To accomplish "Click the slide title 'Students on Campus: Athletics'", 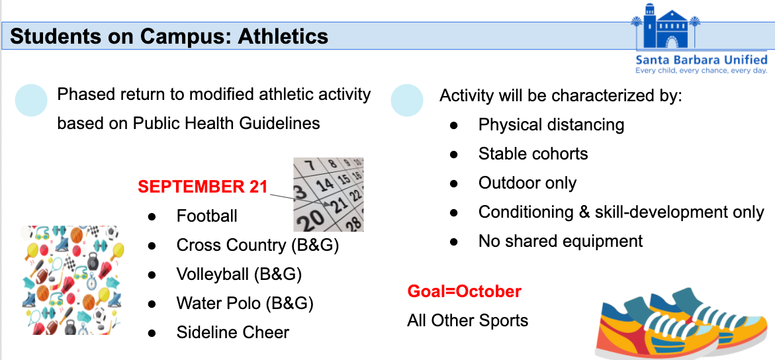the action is (169, 36).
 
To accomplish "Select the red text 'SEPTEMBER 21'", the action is (203, 187).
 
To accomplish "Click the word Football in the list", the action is (207, 216).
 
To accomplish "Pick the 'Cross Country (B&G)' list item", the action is (257, 245).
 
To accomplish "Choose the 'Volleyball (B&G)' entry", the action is (239, 274).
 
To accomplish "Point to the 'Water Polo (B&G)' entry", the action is (245, 303).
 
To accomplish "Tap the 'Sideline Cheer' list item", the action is (233, 332).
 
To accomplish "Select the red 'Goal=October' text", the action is (464, 291).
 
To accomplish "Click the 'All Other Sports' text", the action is (467, 320).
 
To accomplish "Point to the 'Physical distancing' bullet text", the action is (551, 124).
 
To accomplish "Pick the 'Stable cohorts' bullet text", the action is (533, 154).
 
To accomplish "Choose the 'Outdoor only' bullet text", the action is (527, 183).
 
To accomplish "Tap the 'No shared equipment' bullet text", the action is (561, 242).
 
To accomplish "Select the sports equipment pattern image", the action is (70, 281).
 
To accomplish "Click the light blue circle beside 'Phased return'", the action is (31, 100).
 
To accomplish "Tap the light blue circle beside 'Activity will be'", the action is (407, 100).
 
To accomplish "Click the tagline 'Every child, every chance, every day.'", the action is (701, 71).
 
